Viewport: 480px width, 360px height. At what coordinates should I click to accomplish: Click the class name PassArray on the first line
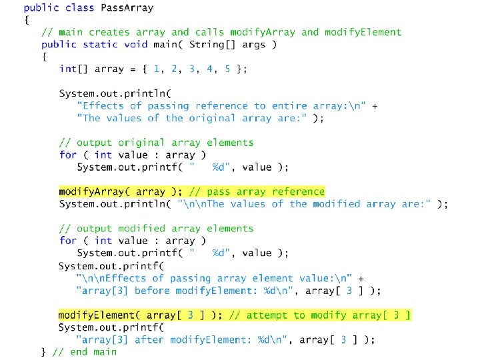pos(126,8)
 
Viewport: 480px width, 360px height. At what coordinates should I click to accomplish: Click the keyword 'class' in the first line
pos(79,8)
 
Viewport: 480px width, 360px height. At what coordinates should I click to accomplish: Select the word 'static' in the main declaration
pos(100,45)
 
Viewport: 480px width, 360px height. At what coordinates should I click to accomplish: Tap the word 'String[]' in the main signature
pos(211,45)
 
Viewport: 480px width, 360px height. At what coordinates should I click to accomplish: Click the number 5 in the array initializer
pos(227,69)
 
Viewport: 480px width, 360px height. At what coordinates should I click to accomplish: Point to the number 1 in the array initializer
pos(156,69)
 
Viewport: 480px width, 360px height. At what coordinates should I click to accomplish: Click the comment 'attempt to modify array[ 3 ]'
pos(320,315)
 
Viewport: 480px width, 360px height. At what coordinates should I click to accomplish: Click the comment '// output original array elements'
pos(157,142)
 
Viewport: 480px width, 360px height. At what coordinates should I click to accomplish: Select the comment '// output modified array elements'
pos(157,228)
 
